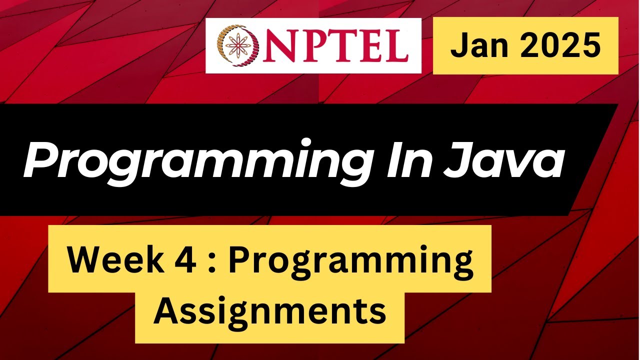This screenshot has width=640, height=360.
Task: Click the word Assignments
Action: [270, 310]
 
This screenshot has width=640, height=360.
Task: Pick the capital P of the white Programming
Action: [37, 159]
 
